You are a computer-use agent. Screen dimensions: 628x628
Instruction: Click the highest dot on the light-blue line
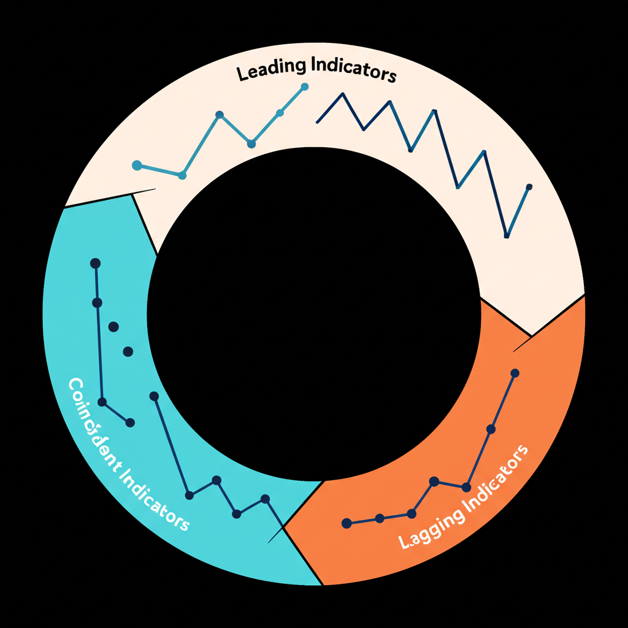coord(304,87)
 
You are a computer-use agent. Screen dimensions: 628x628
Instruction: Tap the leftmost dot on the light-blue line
coord(137,165)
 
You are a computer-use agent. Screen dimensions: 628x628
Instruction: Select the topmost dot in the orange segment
coord(515,373)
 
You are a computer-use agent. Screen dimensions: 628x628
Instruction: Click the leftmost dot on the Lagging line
coord(347,523)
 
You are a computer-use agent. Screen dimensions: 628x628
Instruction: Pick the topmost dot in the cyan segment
coord(95,263)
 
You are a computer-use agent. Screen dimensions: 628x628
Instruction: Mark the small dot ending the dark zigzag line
coord(529,186)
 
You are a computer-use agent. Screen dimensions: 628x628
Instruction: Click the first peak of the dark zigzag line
coord(342,94)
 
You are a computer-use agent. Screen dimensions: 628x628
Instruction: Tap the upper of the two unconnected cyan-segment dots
coord(113,327)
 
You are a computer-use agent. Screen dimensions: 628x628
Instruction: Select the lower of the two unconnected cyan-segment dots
coord(128,351)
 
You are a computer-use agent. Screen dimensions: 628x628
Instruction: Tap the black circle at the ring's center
coord(313,314)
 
